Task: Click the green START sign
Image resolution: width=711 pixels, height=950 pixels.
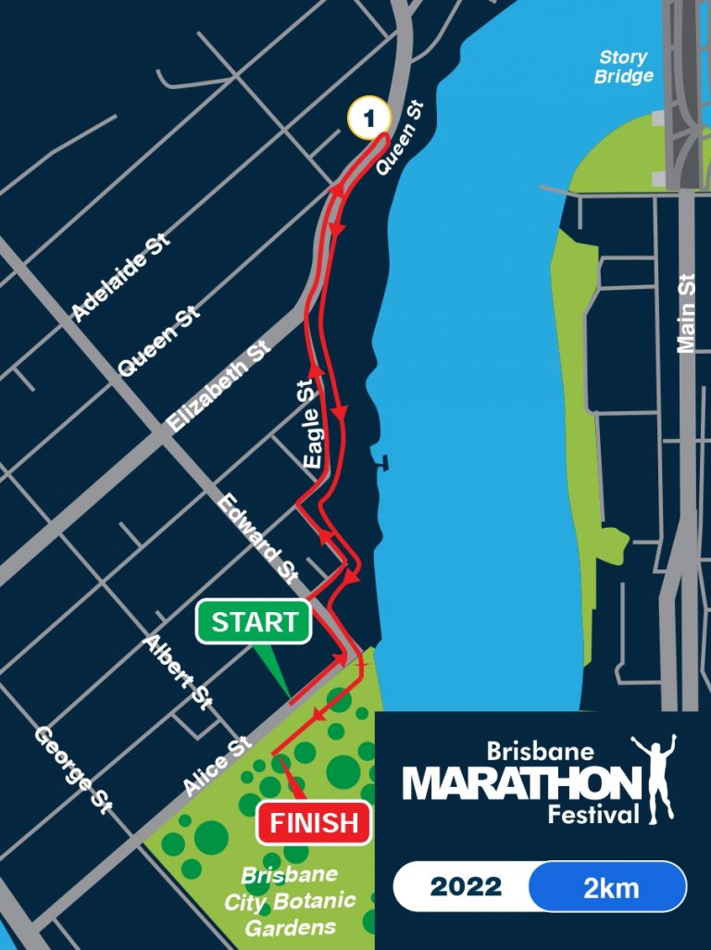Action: pyautogui.click(x=255, y=622)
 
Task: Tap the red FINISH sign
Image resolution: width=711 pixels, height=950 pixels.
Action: pyautogui.click(x=315, y=821)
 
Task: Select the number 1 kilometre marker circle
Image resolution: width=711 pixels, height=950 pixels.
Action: pyautogui.click(x=369, y=119)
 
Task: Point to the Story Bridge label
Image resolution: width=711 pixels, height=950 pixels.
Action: pyautogui.click(x=623, y=67)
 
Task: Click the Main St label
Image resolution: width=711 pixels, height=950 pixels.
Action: pyautogui.click(x=685, y=313)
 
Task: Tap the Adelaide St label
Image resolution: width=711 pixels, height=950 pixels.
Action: pyautogui.click(x=121, y=279)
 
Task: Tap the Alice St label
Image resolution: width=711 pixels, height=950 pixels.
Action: pyautogui.click(x=218, y=766)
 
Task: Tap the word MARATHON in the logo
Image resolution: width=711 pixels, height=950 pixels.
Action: pyautogui.click(x=523, y=784)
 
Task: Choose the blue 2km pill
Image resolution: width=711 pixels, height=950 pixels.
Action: pyautogui.click(x=610, y=887)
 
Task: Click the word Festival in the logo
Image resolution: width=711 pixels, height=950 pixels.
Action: pyautogui.click(x=592, y=815)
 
